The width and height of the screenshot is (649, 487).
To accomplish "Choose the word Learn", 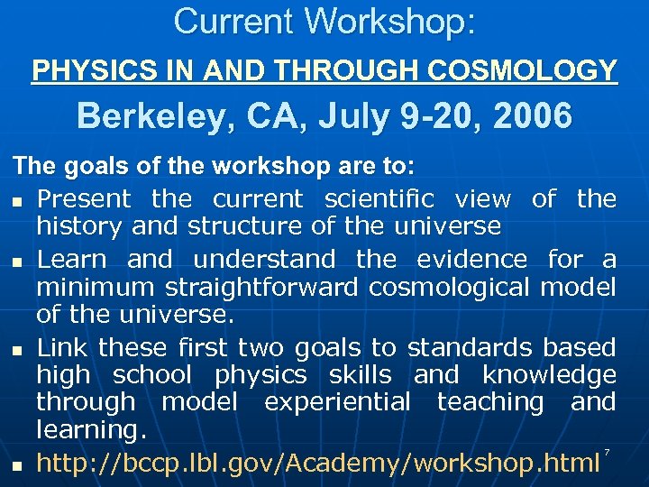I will (x=75, y=260).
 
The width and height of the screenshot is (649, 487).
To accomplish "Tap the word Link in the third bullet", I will (x=62, y=347).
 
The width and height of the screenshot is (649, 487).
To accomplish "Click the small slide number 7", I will (x=608, y=451).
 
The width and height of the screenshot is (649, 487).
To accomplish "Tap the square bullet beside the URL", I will (x=18, y=466).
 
